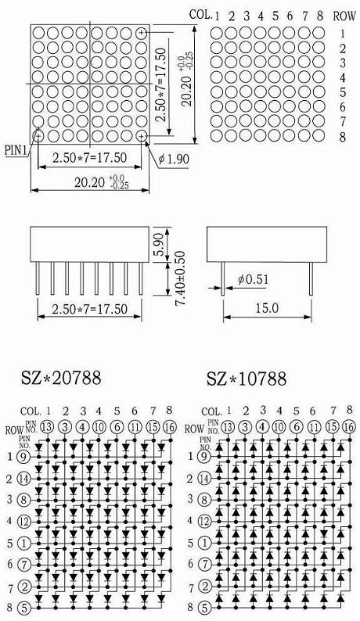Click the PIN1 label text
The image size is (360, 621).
(16, 150)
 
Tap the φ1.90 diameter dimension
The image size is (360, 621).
(174, 160)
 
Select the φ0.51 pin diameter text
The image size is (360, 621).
(253, 280)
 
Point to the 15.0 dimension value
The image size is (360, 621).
(267, 308)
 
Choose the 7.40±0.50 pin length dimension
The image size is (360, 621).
(180, 278)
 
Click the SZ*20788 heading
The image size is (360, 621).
(61, 378)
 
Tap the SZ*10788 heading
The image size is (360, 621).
(247, 379)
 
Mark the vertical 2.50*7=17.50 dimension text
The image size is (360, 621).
(160, 84)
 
